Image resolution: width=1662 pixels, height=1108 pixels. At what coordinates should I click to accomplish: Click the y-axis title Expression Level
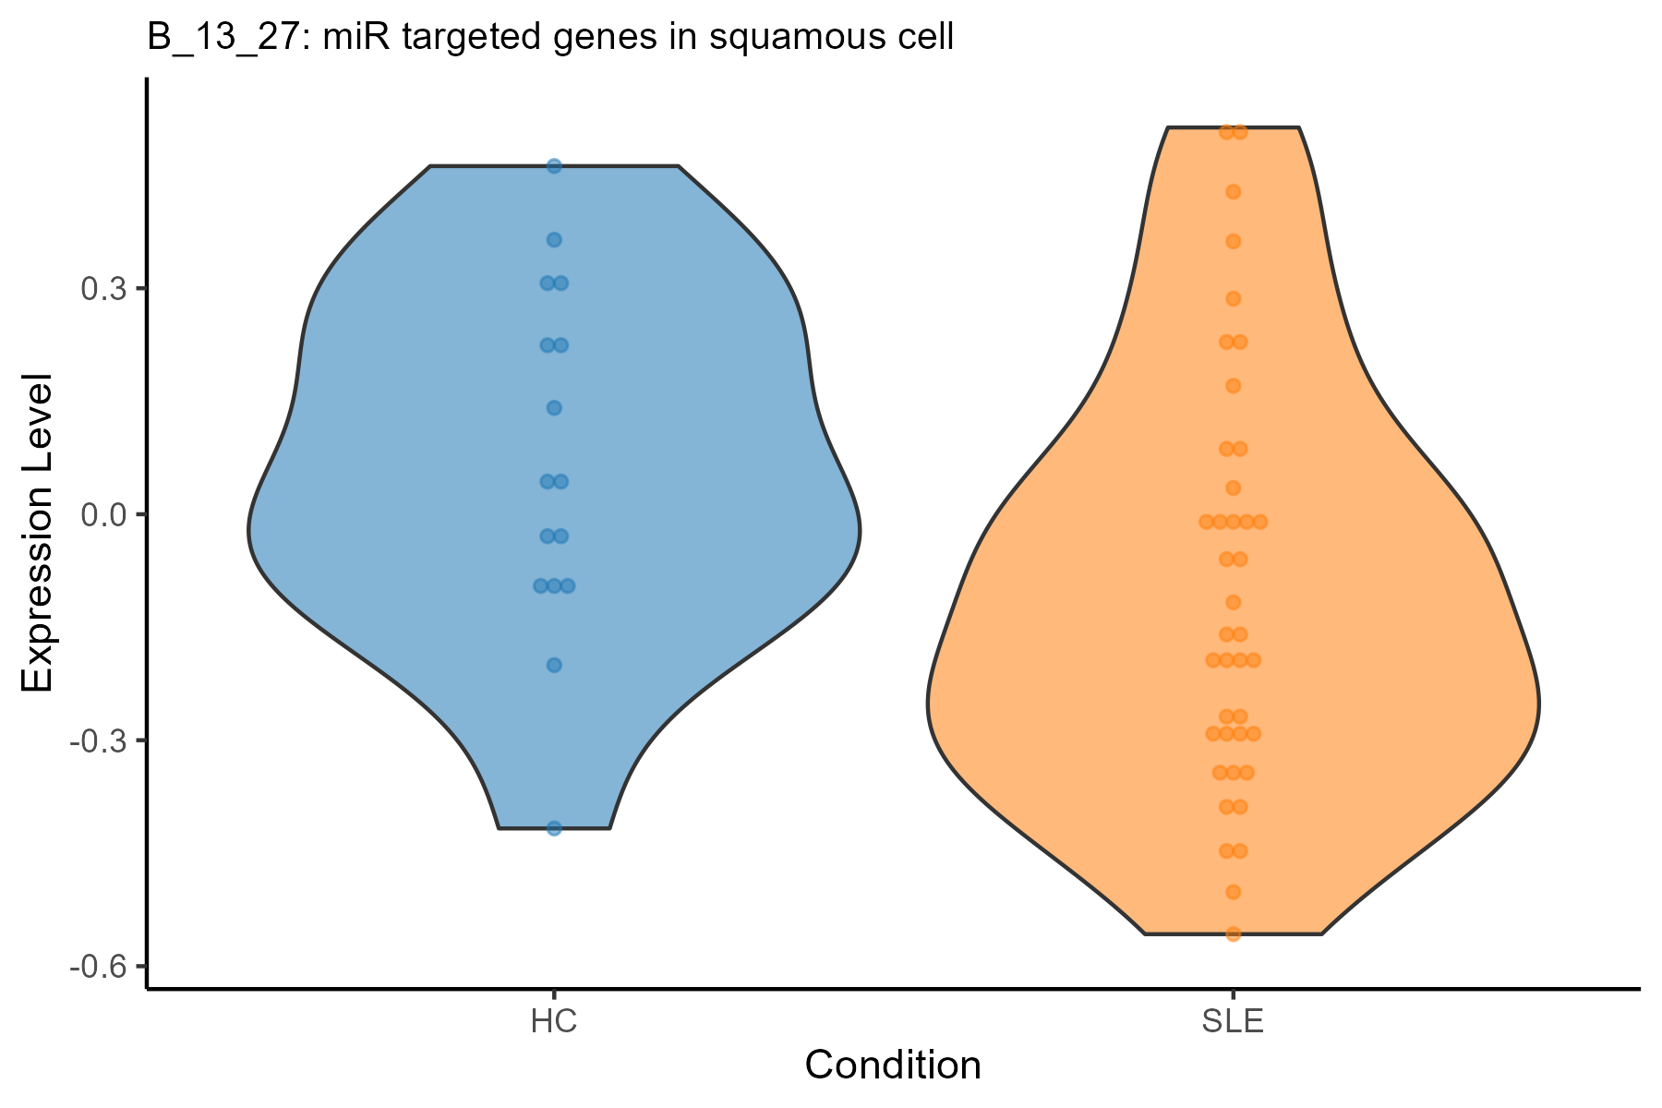[38, 533]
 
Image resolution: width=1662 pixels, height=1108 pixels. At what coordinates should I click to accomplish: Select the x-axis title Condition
[893, 1065]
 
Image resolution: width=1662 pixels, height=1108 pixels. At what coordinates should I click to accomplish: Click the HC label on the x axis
[554, 1022]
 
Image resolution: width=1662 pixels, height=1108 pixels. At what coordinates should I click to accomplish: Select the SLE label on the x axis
[1233, 1022]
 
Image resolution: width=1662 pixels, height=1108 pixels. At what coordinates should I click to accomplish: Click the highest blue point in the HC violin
[554, 166]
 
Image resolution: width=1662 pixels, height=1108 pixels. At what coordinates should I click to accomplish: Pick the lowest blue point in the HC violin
[554, 828]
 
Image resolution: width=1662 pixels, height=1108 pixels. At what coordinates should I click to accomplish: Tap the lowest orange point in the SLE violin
[1233, 933]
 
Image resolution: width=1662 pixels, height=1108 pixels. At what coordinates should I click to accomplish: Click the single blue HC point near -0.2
[554, 665]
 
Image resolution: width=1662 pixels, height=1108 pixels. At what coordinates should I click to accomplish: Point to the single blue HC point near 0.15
[554, 407]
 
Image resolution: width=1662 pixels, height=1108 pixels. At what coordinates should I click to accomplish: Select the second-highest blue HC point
[554, 240]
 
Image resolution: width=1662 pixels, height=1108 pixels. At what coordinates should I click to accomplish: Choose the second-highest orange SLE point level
[1233, 192]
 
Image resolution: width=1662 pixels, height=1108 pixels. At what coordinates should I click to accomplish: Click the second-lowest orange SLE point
[1233, 892]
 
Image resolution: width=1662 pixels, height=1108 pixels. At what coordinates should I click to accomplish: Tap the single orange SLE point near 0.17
[1233, 386]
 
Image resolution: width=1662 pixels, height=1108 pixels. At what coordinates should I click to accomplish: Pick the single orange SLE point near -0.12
[1233, 603]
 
